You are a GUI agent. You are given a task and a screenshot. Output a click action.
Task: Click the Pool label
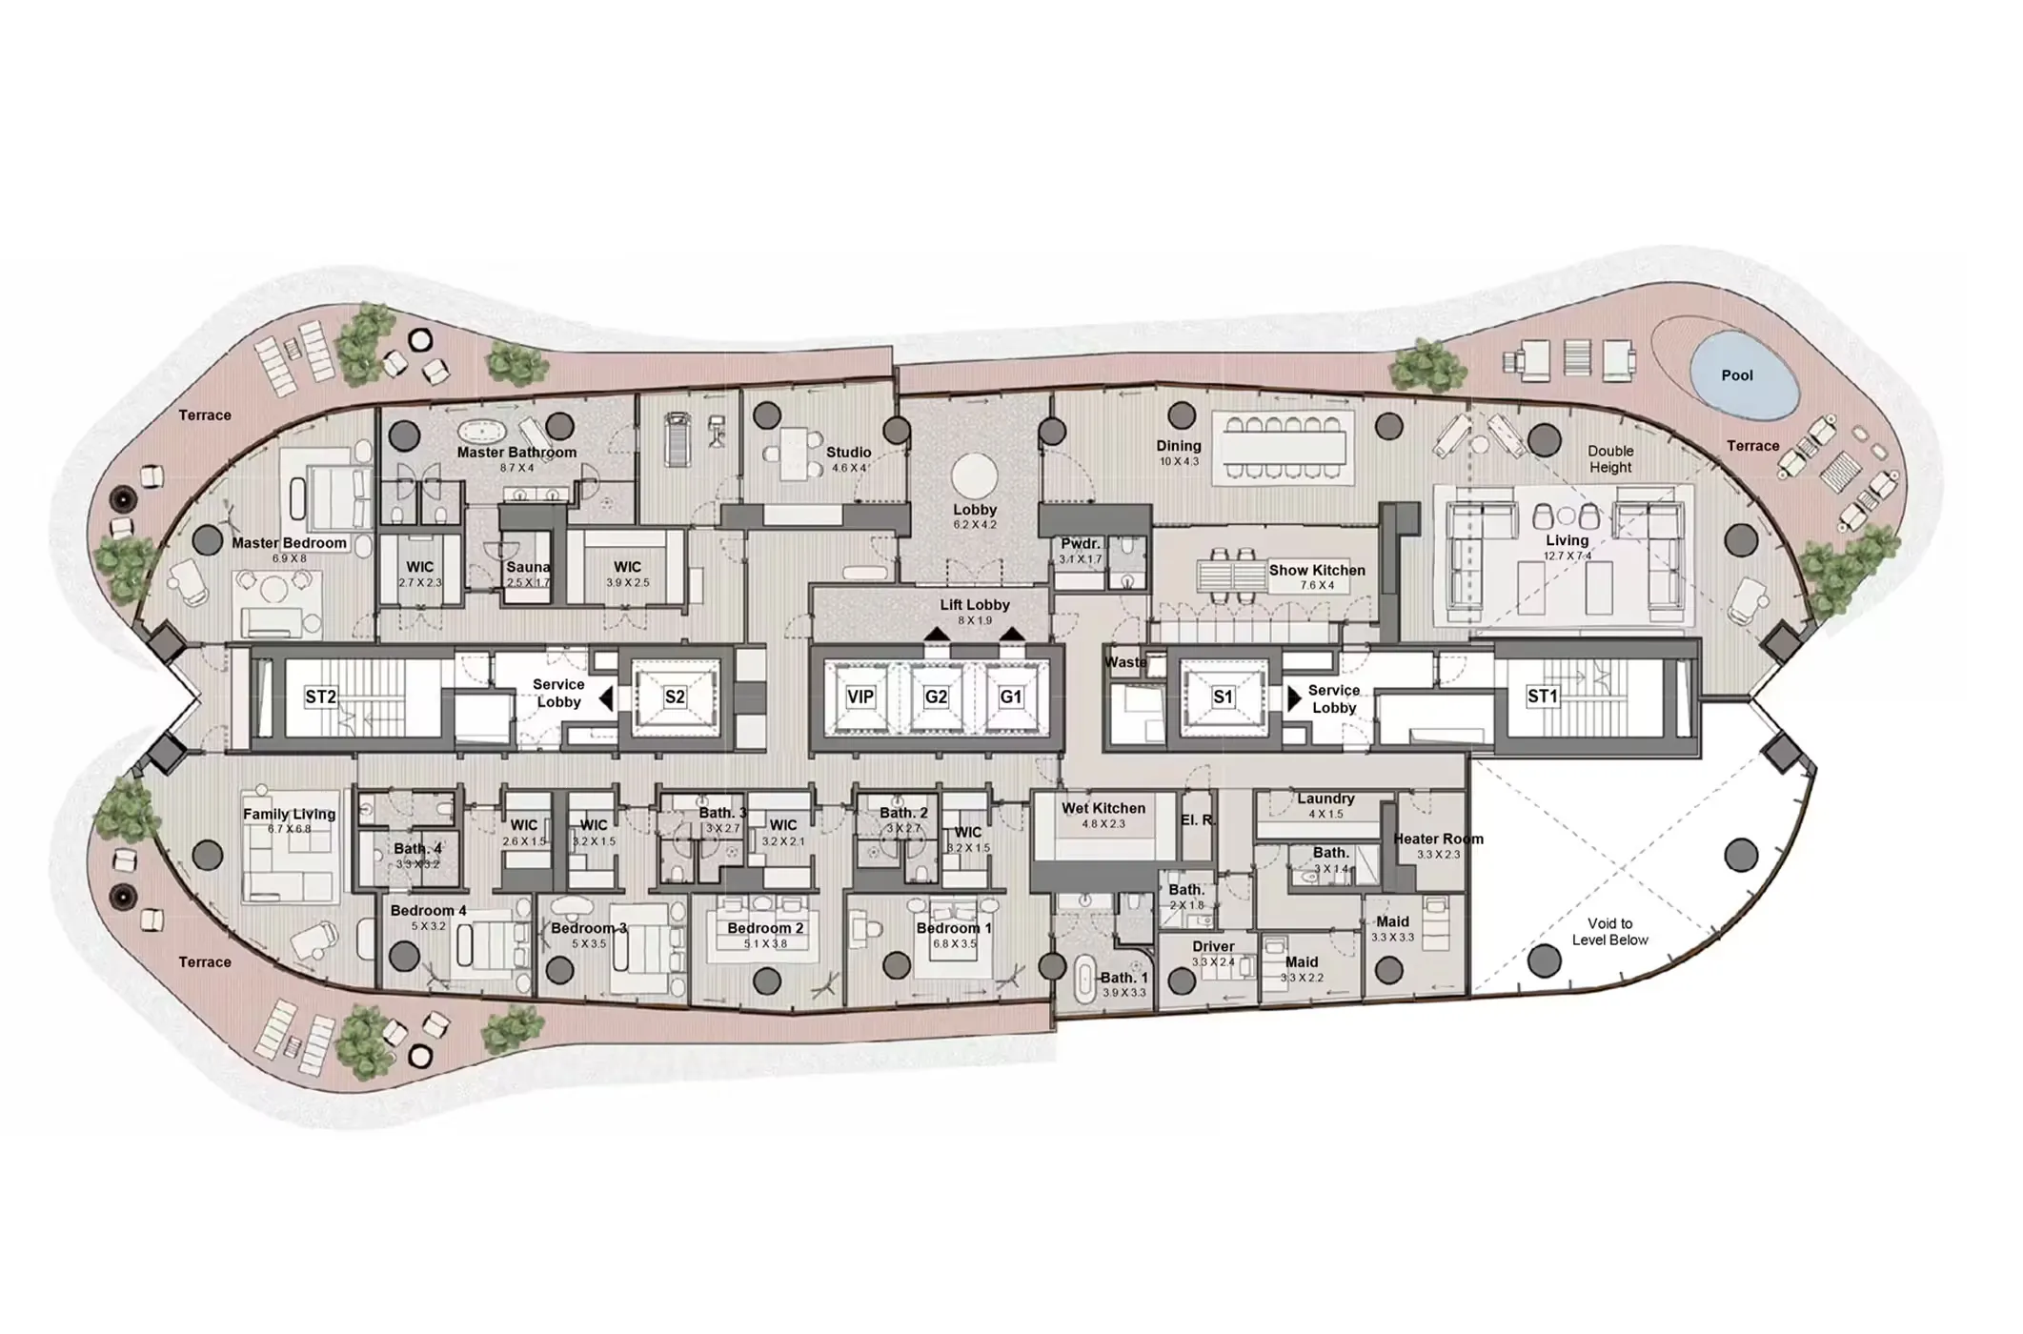pos(1736,375)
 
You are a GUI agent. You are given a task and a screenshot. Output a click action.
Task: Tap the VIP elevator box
pos(860,697)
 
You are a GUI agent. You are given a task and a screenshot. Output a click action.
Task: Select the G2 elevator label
pos(936,697)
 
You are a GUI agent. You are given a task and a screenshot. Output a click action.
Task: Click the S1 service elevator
pos(1223,697)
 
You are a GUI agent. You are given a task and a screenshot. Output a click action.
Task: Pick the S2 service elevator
pos(675,697)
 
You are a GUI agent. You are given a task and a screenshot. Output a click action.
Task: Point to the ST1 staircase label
pos(1542,697)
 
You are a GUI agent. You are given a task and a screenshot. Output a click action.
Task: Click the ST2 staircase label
pos(320,697)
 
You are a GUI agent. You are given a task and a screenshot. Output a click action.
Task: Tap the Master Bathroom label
pos(516,453)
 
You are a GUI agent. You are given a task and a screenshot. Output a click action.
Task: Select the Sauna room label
pos(528,567)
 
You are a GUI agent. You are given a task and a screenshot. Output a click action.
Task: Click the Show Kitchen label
pos(1317,571)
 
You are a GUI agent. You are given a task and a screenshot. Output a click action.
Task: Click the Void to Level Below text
pos(1609,932)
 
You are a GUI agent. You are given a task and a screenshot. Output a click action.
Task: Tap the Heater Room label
pos(1438,839)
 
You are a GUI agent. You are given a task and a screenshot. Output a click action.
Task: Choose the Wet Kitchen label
pos(1103,809)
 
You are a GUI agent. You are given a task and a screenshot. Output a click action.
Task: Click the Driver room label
pos(1213,947)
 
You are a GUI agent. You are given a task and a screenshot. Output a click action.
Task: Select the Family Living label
pos(289,815)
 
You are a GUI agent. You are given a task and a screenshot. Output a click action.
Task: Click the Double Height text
pos(1610,459)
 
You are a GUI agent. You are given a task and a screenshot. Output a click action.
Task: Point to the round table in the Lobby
pos(975,475)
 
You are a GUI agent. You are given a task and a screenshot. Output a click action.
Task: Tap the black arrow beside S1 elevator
pos(1294,698)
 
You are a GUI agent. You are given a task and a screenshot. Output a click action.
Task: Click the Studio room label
pos(848,453)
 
